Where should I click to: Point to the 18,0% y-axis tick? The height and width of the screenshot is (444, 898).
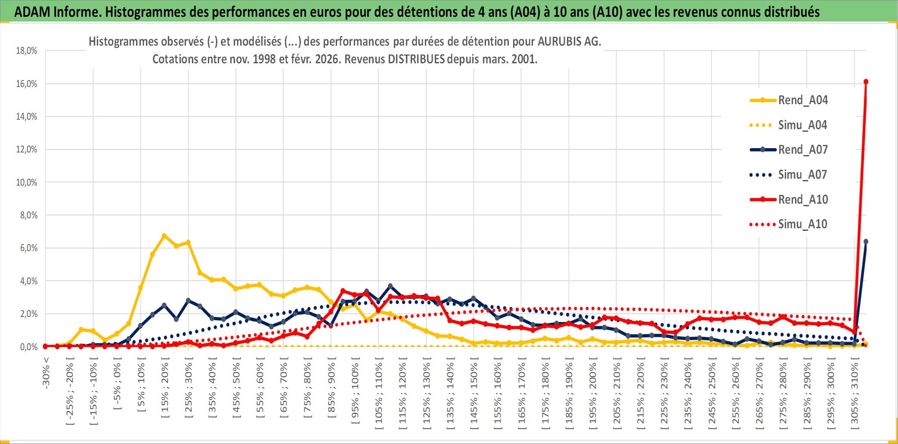click(27, 51)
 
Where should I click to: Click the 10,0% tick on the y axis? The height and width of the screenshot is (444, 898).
click(27, 183)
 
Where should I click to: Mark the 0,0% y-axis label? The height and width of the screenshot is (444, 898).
click(28, 347)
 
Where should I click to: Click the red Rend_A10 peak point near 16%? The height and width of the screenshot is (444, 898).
click(866, 82)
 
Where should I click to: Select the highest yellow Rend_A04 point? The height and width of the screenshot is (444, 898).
click(164, 236)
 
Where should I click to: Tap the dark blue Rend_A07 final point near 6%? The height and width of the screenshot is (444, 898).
click(866, 242)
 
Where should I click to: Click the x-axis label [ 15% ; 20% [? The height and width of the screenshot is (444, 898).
click(165, 390)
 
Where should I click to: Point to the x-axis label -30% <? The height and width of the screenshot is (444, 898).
click(46, 373)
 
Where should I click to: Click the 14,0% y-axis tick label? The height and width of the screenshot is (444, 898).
click(27, 117)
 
